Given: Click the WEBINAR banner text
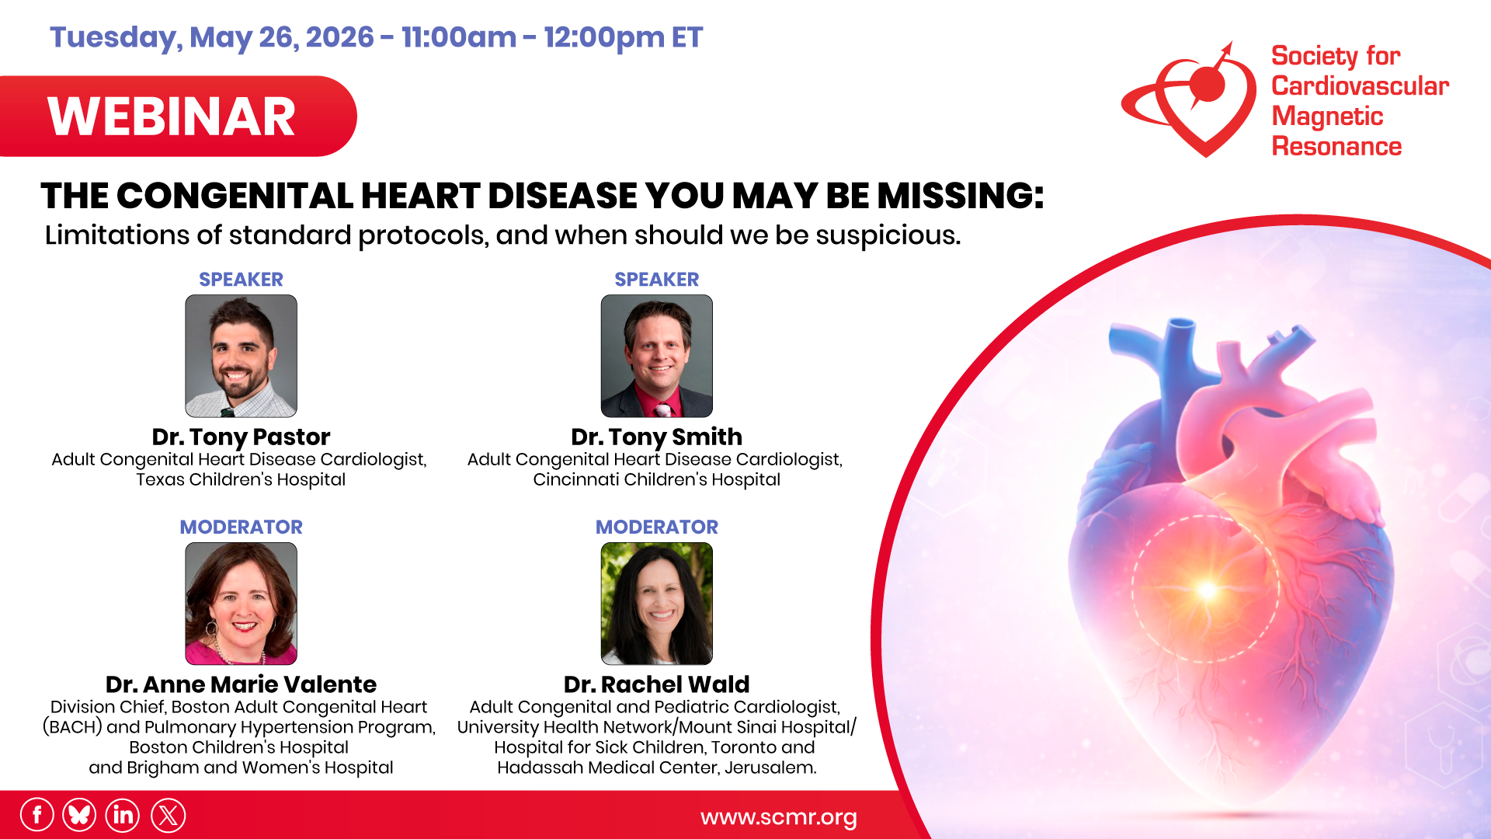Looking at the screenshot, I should coord(172,117).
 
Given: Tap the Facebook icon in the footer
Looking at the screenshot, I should coord(36,816).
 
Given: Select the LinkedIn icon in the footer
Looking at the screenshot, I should coord(123,816).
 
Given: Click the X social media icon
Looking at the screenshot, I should coord(168,816).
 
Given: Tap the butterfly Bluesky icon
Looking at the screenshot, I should coord(79,816).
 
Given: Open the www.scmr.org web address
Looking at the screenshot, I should coord(778,817).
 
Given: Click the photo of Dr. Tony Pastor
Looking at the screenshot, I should coord(241,356).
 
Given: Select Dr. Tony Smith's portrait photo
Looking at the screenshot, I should coord(656,356).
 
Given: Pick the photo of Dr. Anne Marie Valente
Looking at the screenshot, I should coord(241,604).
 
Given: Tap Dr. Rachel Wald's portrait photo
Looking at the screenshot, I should coord(656,604).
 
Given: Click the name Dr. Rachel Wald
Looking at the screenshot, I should coord(656,684).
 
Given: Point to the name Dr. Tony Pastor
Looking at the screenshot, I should coord(241,437).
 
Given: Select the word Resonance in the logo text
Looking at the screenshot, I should coord(1336,147).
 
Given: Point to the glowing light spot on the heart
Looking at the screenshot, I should coord(1207,590).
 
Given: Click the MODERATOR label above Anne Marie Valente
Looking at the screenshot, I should coord(241,527).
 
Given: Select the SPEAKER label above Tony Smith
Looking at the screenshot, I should coord(656,279).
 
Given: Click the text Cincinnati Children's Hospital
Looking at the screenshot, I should coord(656,479).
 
